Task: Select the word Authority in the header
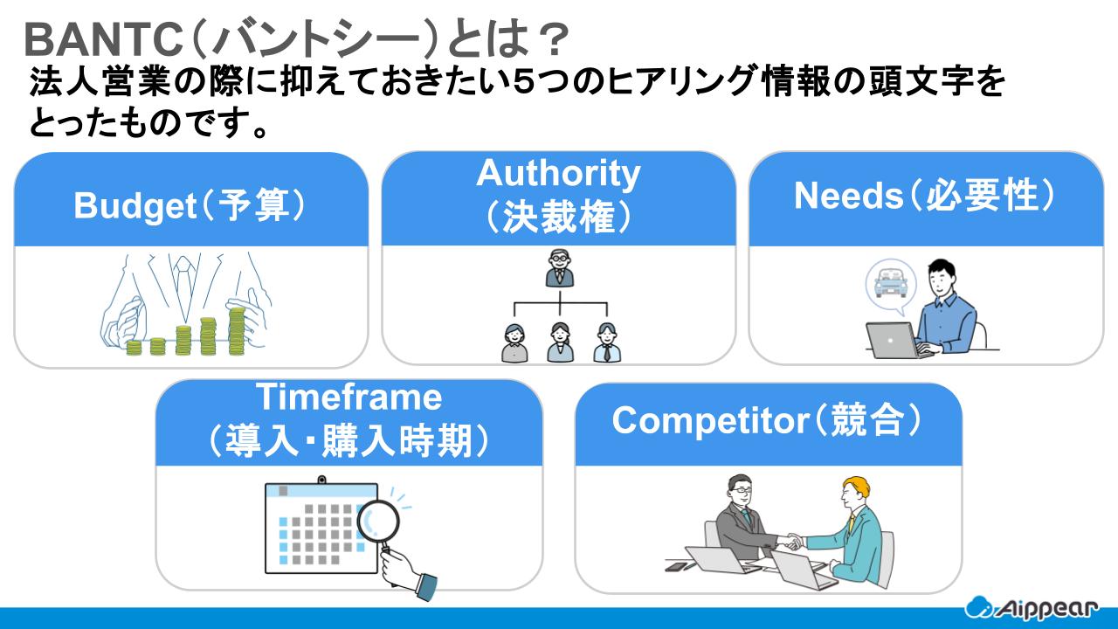coord(558,173)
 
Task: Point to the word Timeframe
coord(349,398)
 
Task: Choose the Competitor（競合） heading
coord(768,420)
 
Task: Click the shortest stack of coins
coord(134,347)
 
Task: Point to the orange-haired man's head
coord(853,491)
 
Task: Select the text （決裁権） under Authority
coord(558,218)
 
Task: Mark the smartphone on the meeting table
coord(675,567)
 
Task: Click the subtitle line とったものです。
coord(148,125)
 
